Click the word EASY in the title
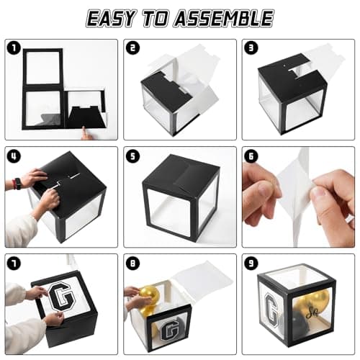[110, 18]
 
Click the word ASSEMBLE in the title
[224, 18]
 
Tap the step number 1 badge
[14, 48]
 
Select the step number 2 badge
[132, 48]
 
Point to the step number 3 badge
[251, 48]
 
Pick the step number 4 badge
[14, 156]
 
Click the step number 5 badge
[132, 156]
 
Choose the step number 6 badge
[251, 156]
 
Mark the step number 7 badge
[14, 264]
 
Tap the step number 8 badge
[132, 264]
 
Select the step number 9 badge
[251, 264]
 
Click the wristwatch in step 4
[18, 184]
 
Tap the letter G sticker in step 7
[60, 297]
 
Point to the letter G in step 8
[169, 332]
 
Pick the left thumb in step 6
[264, 189]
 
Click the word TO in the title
[155, 18]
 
